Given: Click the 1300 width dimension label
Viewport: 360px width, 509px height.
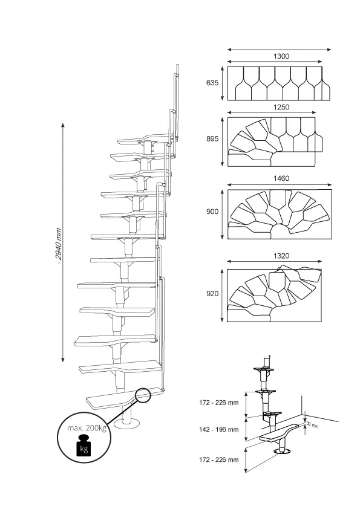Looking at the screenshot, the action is pos(281,56).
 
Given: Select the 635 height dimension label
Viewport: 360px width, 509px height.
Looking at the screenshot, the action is pos(212,83).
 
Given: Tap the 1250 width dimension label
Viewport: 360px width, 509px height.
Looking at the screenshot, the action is pos(281,107).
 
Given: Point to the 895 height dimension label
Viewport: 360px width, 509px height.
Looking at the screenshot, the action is pos(212,139).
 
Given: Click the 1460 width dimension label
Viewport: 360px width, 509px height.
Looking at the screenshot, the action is pos(281,178).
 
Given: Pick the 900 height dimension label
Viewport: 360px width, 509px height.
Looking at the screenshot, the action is pos(212,212).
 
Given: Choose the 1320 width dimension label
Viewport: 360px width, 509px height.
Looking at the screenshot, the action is pos(281,256).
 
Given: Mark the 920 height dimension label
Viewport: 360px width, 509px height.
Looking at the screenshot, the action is pos(212,294).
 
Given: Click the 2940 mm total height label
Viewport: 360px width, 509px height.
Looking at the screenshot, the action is pos(59,246).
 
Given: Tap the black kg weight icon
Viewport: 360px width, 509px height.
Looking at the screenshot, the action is pos(84,445).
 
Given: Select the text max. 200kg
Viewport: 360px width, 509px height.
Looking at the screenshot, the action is pos(87,428).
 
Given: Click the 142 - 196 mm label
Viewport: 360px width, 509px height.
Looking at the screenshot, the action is pos(219,429).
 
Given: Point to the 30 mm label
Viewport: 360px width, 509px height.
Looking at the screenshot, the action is pos(312,424).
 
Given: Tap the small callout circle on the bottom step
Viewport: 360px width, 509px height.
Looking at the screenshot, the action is pos(143,395).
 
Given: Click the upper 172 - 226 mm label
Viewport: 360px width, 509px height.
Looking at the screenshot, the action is pos(219,403).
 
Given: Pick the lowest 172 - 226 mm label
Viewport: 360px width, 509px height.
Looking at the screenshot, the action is pos(219,459).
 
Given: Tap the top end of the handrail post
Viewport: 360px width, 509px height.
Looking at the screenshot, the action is pos(177,65).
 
